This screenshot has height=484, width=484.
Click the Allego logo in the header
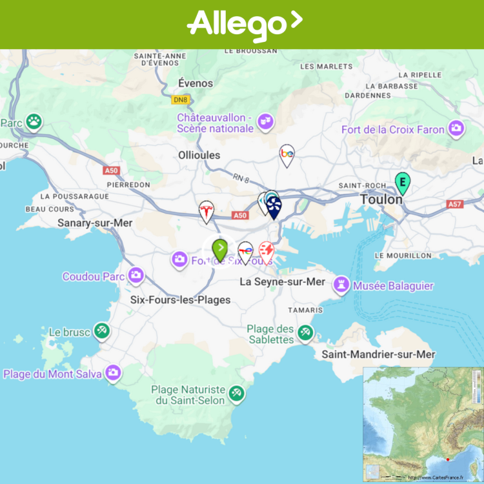(244, 25)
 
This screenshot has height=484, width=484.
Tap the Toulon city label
(381, 200)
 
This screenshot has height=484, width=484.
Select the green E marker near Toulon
(403, 183)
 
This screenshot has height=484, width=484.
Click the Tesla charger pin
(206, 211)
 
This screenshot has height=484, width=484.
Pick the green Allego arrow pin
(220, 248)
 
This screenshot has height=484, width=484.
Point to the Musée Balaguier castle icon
(341, 285)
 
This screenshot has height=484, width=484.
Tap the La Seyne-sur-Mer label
(282, 282)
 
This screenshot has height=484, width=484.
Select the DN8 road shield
(180, 100)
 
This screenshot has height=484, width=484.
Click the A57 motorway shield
(455, 204)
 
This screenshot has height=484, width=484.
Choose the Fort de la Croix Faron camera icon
(456, 128)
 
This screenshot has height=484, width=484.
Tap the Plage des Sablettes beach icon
(305, 333)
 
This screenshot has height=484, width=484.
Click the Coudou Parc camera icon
(136, 276)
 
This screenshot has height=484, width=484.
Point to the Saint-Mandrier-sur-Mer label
(378, 354)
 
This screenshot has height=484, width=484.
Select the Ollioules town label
(199, 155)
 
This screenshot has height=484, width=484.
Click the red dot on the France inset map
(448, 460)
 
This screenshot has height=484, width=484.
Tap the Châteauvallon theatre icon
(265, 121)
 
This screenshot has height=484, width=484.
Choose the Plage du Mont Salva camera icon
(114, 373)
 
